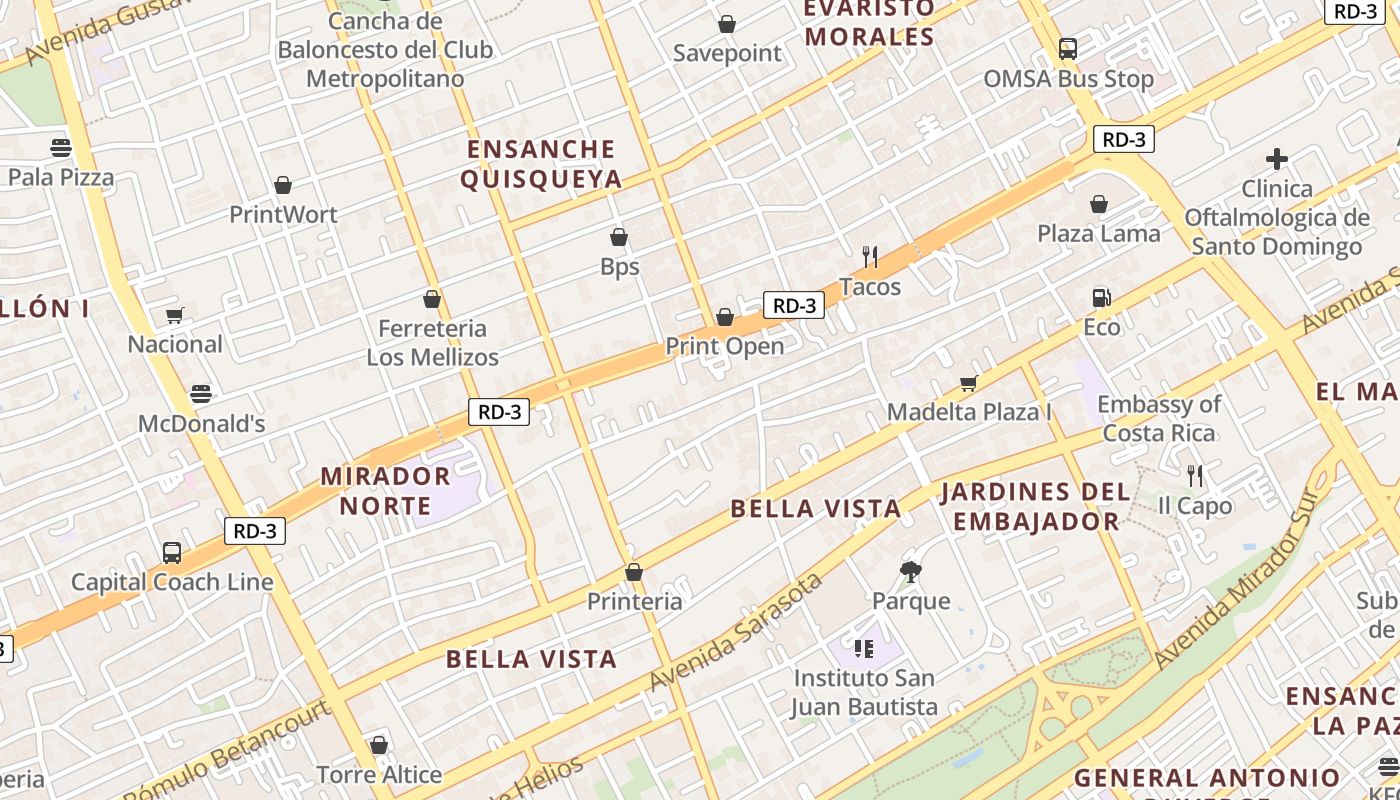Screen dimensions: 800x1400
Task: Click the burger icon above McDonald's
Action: click(x=201, y=393)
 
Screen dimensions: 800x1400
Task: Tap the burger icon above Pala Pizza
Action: click(x=61, y=148)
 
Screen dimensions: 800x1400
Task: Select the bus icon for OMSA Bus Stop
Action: click(x=1068, y=48)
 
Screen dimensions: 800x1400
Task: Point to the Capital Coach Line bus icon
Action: click(x=172, y=552)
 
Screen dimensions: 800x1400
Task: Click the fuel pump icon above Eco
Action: click(x=1101, y=297)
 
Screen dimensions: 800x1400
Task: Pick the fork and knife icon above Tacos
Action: click(x=870, y=257)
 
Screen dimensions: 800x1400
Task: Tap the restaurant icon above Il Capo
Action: click(x=1194, y=475)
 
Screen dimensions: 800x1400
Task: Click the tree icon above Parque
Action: click(x=910, y=571)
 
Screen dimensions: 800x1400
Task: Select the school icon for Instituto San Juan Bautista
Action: click(x=864, y=649)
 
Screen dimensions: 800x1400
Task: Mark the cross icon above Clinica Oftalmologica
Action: click(x=1276, y=158)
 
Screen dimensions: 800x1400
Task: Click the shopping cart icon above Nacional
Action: click(x=175, y=315)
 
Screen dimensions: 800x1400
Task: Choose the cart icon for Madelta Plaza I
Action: click(x=968, y=383)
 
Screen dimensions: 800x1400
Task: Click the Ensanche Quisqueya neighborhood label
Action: click(x=541, y=164)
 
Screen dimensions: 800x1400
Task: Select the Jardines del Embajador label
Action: click(x=1036, y=506)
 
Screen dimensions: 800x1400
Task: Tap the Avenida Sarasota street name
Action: click(x=735, y=632)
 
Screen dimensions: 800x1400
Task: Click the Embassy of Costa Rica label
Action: click(x=1159, y=418)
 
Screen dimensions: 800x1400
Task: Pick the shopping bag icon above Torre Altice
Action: click(x=379, y=745)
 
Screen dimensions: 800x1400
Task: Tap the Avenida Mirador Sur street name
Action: click(x=1240, y=580)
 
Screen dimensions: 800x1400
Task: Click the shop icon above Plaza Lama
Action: click(x=1099, y=204)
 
